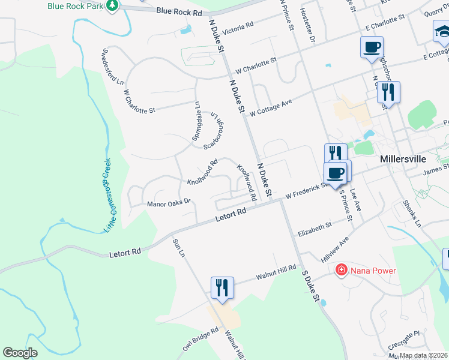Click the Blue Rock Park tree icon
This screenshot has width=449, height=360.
coord(112,6)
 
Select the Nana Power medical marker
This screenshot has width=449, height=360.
coord(342,271)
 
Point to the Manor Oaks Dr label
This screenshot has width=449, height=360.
coord(169,203)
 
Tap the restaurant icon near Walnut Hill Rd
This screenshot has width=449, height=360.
coord(221,287)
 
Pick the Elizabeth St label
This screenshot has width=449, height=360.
coord(315,227)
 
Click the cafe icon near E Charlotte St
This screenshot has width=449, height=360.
coord(372,47)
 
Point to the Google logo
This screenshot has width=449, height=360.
coord(20,353)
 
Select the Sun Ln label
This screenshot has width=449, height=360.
coord(179,248)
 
